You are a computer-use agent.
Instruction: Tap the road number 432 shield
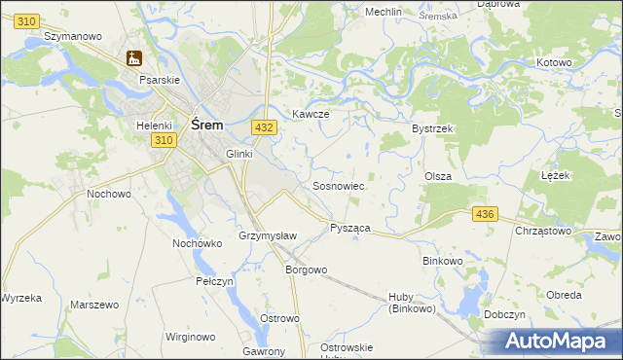[x=263, y=127]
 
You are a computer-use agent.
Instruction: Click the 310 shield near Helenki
[x=163, y=141]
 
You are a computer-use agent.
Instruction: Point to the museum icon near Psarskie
[x=133, y=59]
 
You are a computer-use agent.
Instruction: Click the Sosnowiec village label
[x=338, y=186]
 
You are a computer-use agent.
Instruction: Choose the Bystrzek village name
[x=433, y=128]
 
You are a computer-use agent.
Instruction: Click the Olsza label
[x=437, y=176]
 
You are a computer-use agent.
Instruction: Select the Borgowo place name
[x=305, y=270]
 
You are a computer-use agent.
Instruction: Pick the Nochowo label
[x=109, y=194]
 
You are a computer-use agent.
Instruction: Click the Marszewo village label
[x=94, y=305]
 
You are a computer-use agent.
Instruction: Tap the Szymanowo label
[x=74, y=36]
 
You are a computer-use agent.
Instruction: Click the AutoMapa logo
[x=554, y=342]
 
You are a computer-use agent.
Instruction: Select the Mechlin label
[x=383, y=12]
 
